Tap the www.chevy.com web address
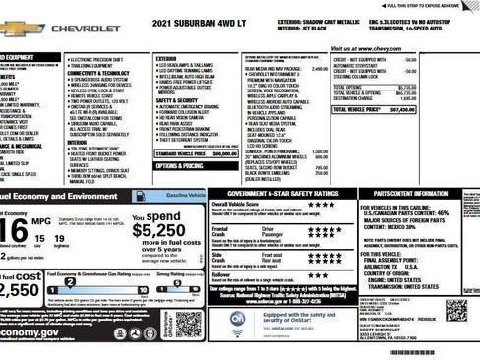[363, 47]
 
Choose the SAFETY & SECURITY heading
[177, 100]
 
